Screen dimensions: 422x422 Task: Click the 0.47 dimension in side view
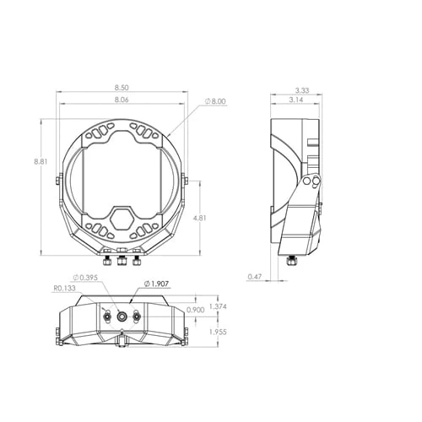click(254, 276)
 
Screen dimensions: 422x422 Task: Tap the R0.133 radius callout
click(64, 288)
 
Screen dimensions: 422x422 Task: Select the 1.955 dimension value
click(217, 332)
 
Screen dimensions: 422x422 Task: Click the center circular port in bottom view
click(122, 315)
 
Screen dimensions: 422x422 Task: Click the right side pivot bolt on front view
click(186, 179)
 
